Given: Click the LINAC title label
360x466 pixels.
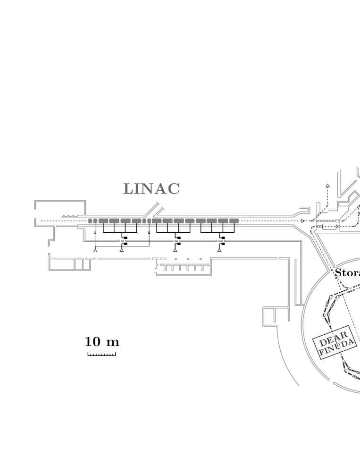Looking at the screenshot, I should pyautogui.click(x=151, y=189).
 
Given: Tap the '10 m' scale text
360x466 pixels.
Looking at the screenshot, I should pyautogui.click(x=102, y=341).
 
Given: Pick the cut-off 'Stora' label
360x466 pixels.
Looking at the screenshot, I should pyautogui.click(x=347, y=273).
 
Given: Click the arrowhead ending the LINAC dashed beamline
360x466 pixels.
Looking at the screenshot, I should pyautogui.click(x=303, y=221).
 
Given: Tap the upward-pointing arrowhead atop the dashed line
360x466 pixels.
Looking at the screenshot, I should pyautogui.click(x=327, y=186).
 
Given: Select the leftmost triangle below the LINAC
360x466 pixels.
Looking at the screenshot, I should pyautogui.click(x=95, y=250).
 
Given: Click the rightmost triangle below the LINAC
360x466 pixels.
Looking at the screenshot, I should pyautogui.click(x=219, y=250).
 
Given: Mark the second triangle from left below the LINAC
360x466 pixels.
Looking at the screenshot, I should pyautogui.click(x=122, y=250).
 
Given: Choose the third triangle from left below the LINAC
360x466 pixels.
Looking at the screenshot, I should pyautogui.click(x=175, y=250).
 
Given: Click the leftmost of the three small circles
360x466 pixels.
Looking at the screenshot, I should pyautogui.click(x=176, y=259).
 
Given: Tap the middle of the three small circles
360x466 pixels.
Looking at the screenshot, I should pyautogui.click(x=188, y=259).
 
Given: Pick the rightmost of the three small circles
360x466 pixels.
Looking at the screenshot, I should pyautogui.click(x=201, y=259).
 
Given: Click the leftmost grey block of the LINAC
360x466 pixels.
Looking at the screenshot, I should pyautogui.click(x=90, y=221).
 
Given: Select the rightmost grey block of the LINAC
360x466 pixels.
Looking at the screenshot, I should pyautogui.click(x=234, y=221).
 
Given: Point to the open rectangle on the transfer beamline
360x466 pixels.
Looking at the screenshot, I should pyautogui.click(x=329, y=227).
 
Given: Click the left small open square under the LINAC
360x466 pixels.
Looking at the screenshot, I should pyautogui.click(x=95, y=233).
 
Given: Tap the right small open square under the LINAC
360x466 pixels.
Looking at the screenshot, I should pyautogui.click(x=149, y=233).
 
